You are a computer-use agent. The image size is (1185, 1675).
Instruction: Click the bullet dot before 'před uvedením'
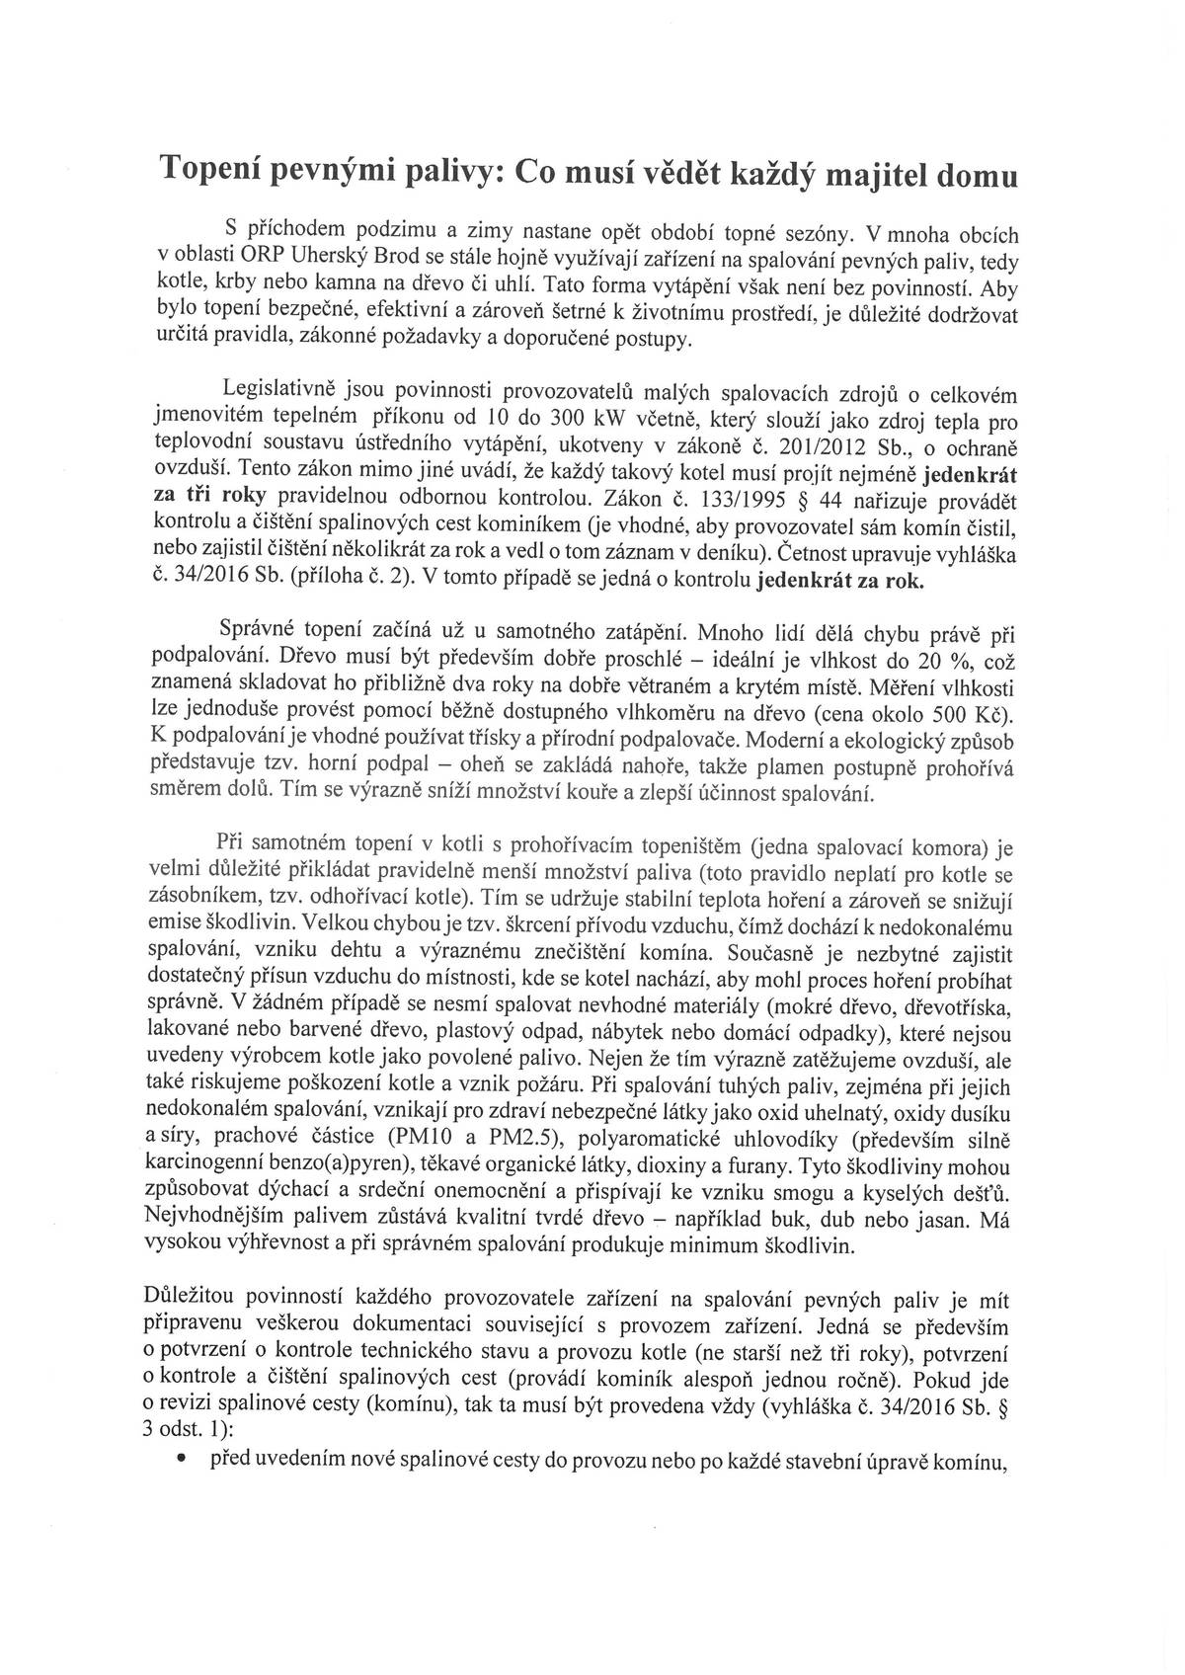pyautogui.click(x=185, y=1464)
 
